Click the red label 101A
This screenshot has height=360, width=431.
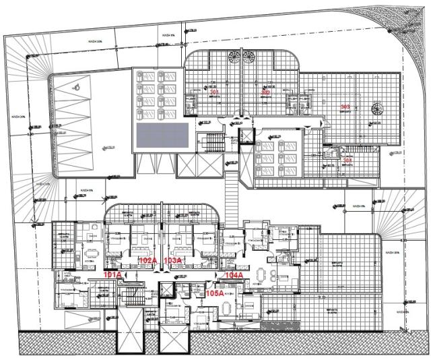point(112,275)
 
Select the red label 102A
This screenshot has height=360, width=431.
point(147,260)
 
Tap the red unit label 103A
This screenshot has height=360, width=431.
point(173,260)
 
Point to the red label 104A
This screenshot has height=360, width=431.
point(234,276)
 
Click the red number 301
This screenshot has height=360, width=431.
point(214,92)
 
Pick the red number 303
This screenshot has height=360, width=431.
point(345,107)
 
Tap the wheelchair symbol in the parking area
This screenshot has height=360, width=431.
point(77,86)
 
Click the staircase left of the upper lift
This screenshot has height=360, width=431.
point(213,142)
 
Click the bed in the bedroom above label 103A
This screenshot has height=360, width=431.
point(176,239)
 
